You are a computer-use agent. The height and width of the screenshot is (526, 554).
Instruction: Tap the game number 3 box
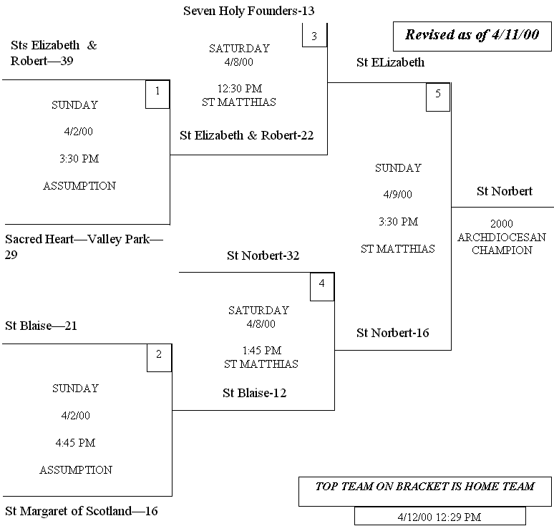pyautogui.click(x=314, y=35)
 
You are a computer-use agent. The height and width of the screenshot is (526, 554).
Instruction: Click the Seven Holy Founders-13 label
pyautogui.click(x=248, y=11)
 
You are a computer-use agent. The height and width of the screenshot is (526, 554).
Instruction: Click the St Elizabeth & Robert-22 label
pyautogui.click(x=246, y=136)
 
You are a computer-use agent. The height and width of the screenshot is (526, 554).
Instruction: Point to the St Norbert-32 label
pyautogui.click(x=263, y=255)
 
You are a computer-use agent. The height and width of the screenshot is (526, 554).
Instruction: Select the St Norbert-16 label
pyautogui.click(x=392, y=333)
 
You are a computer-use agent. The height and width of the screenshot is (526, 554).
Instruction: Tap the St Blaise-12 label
pyautogui.click(x=255, y=393)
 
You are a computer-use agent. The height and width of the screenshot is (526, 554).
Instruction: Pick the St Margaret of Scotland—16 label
pyautogui.click(x=81, y=511)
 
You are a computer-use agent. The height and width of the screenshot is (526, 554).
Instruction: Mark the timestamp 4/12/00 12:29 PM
pyautogui.click(x=439, y=516)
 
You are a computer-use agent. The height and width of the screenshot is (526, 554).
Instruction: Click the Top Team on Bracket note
pyautogui.click(x=425, y=487)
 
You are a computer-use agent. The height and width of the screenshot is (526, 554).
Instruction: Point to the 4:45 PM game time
pyautogui.click(x=75, y=443)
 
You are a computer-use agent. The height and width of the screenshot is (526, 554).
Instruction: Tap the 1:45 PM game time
pyautogui.click(x=261, y=351)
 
